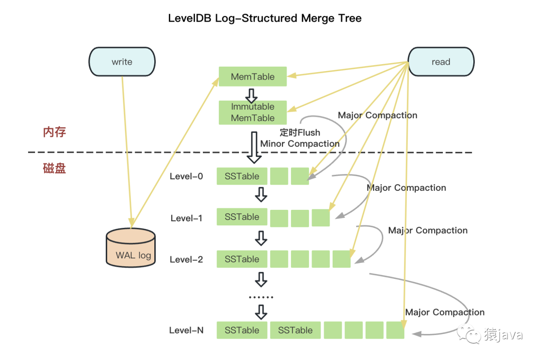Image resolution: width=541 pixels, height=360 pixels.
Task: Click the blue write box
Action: (x=122, y=62)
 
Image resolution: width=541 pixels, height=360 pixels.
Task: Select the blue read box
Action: (x=441, y=62)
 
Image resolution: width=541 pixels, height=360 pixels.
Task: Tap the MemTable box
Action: (x=252, y=77)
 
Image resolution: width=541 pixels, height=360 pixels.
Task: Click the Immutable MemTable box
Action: (x=252, y=112)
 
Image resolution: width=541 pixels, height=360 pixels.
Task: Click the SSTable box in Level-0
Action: (x=242, y=176)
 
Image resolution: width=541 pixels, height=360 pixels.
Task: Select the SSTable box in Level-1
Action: (x=242, y=217)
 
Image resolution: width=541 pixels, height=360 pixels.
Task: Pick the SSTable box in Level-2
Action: (x=242, y=259)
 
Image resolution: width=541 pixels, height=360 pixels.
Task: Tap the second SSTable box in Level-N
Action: (x=295, y=330)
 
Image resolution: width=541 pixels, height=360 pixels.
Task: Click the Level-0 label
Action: (x=186, y=176)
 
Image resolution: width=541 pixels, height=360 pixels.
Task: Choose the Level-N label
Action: (x=186, y=330)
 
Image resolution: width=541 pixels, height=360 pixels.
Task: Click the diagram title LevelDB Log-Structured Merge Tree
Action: (x=264, y=19)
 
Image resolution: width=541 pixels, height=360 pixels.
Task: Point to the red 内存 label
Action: (x=54, y=132)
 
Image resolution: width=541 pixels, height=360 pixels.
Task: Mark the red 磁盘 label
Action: (x=54, y=168)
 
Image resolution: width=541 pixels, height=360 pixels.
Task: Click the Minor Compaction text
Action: (x=300, y=144)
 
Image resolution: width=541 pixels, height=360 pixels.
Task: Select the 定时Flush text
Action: (x=300, y=133)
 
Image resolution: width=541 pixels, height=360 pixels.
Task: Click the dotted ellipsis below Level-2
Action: (x=261, y=297)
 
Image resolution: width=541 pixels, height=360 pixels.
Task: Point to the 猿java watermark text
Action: (x=503, y=335)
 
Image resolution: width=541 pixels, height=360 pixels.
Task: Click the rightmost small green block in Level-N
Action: (x=395, y=330)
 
